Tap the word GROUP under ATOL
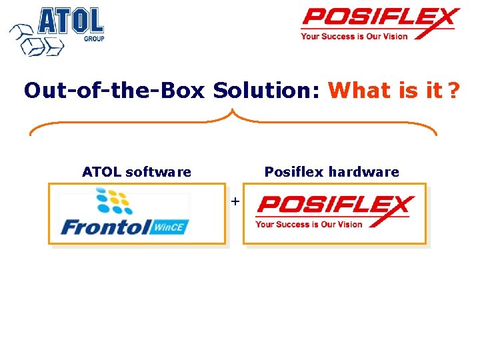tap(93, 39)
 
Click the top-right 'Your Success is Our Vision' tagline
tap(353, 36)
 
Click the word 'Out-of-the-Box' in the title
tap(114, 90)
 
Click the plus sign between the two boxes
tap(235, 200)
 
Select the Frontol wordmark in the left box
tap(106, 227)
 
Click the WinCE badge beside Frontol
tap(171, 227)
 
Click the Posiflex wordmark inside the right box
tap(335, 205)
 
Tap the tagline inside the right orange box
tap(309, 224)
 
